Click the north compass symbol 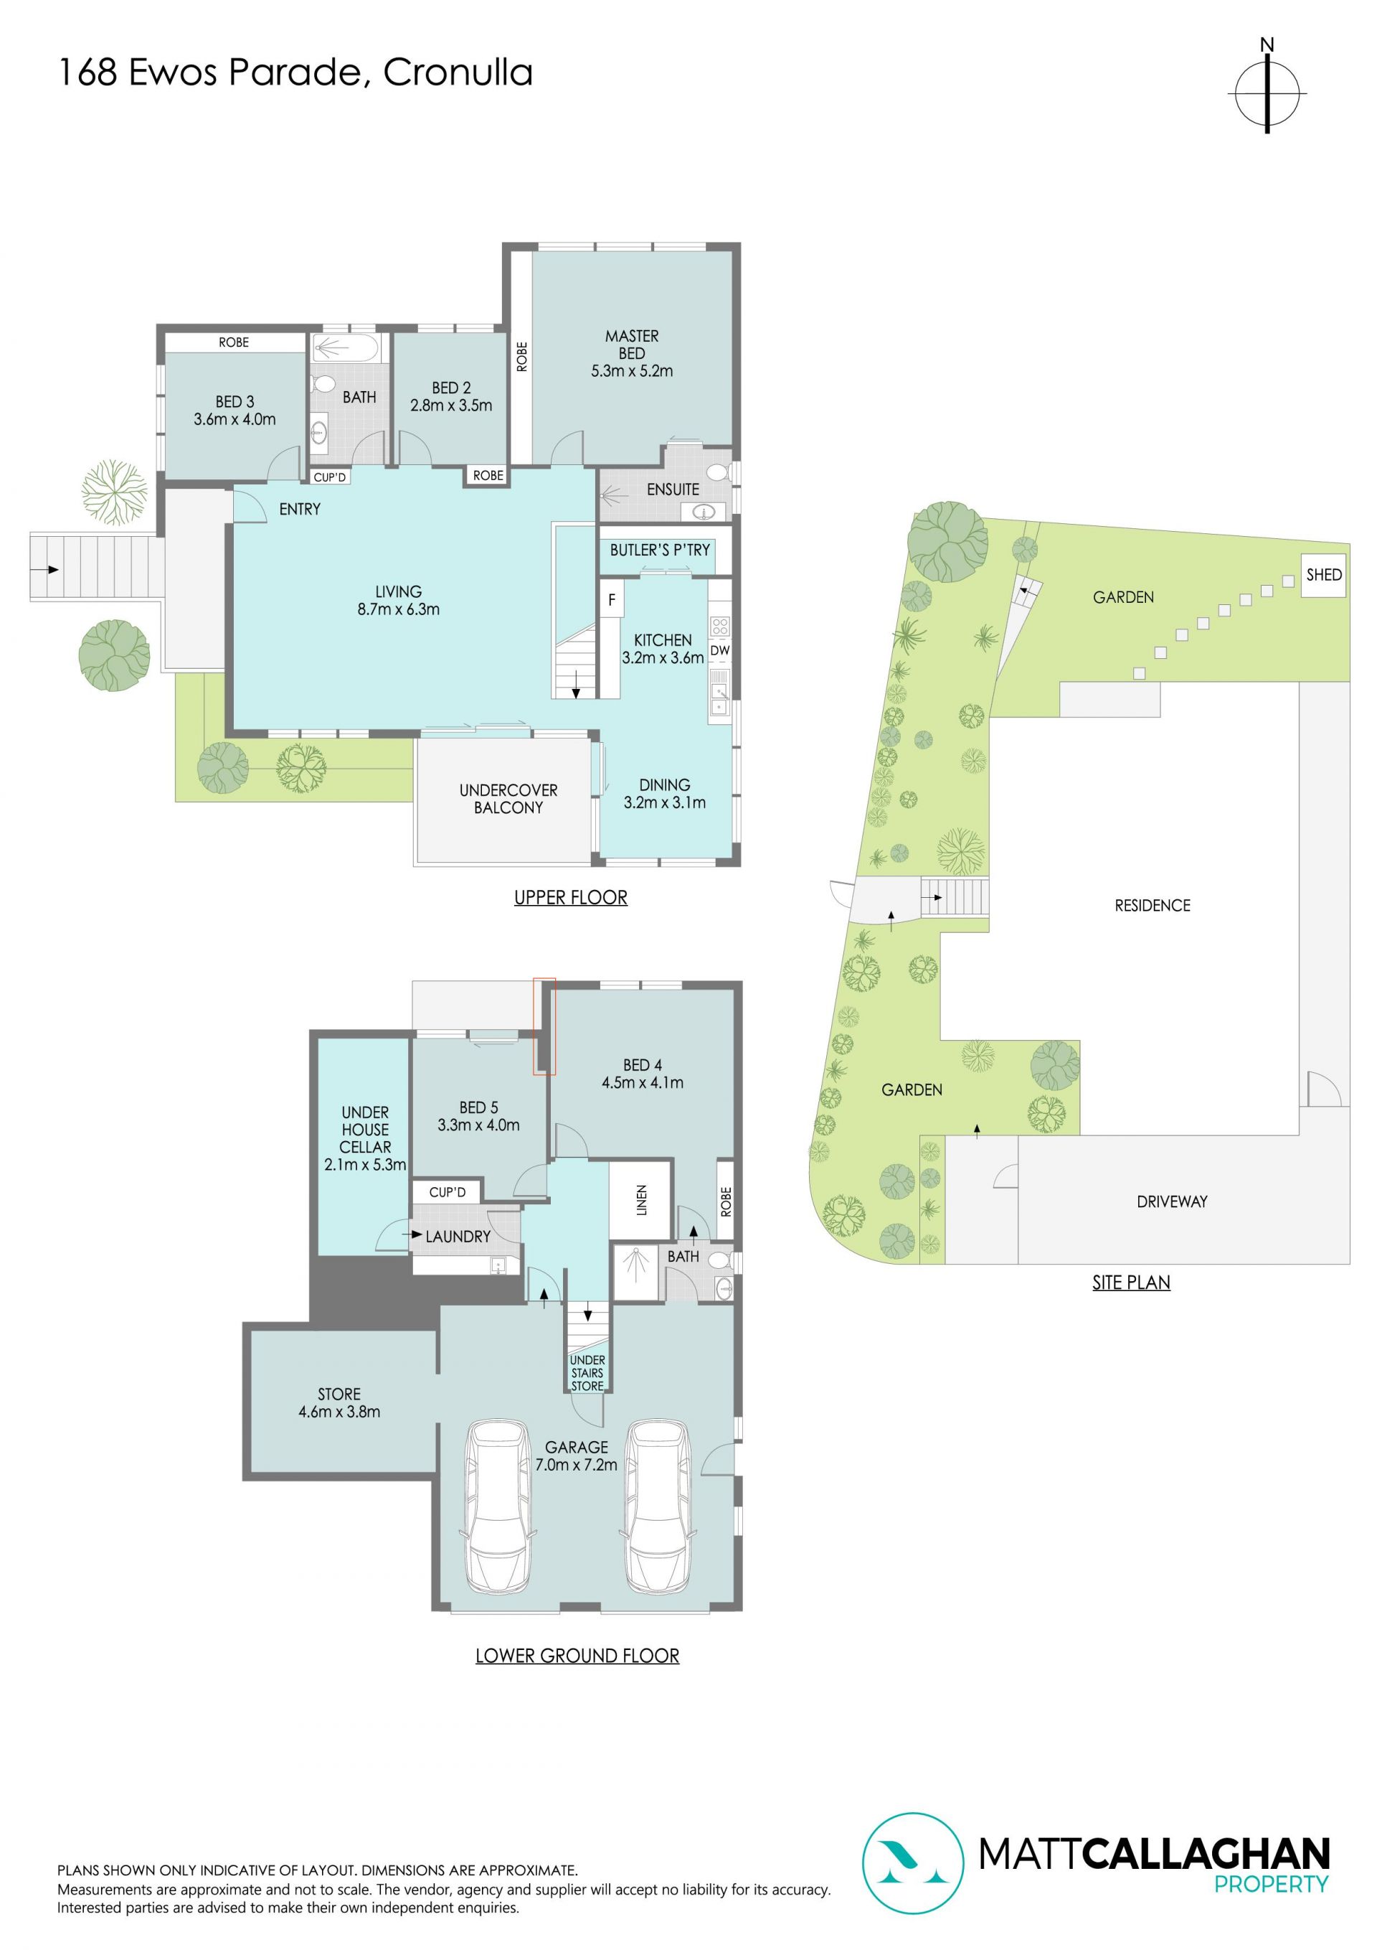pyautogui.click(x=1267, y=93)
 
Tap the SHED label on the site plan pyautogui.click(x=1323, y=575)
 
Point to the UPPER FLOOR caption pyautogui.click(x=570, y=898)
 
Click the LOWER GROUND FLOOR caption pyautogui.click(x=577, y=1656)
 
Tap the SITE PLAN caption pyautogui.click(x=1131, y=1283)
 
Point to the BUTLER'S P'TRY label pyautogui.click(x=660, y=550)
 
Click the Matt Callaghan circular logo pyautogui.click(x=913, y=1863)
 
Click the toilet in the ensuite pyautogui.click(x=718, y=473)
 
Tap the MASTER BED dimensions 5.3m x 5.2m pyautogui.click(x=632, y=371)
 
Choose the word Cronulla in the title pyautogui.click(x=458, y=73)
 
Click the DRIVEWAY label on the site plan pyautogui.click(x=1172, y=1201)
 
